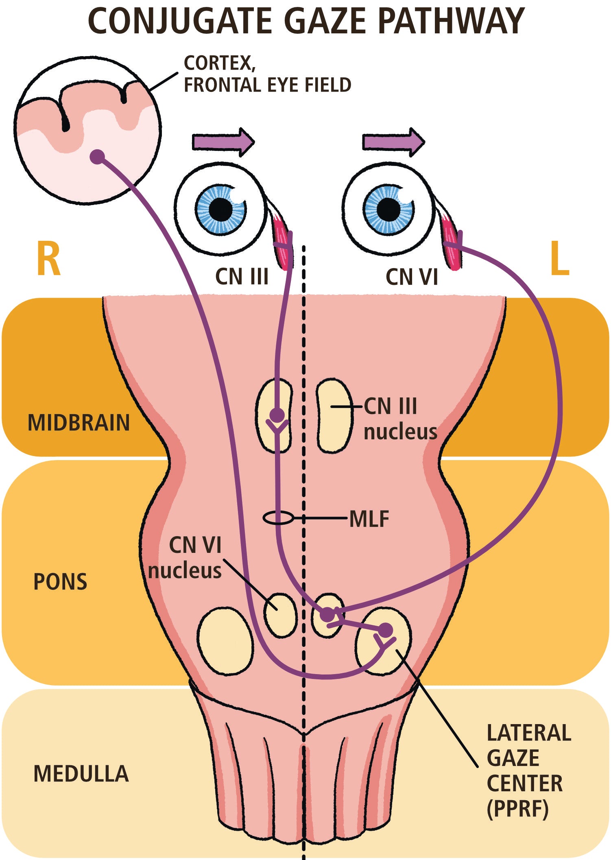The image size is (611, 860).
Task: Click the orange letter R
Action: (48, 259)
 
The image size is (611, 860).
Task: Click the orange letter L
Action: (560, 259)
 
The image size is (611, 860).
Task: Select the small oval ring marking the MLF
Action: (278, 518)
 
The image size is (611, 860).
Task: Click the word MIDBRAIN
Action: (79, 423)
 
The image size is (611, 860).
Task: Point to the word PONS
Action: (60, 582)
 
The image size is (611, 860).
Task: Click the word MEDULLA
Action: (81, 774)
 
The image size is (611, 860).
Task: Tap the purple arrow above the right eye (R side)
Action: (223, 142)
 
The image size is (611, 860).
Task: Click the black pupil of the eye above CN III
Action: (221, 210)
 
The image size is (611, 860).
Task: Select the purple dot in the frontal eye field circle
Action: (97, 156)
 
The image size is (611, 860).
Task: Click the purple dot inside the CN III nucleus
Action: (277, 415)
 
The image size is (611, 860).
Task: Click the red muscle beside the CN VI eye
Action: (452, 244)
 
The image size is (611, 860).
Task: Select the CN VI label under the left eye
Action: (412, 277)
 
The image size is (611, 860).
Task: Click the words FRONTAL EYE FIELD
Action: (267, 85)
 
